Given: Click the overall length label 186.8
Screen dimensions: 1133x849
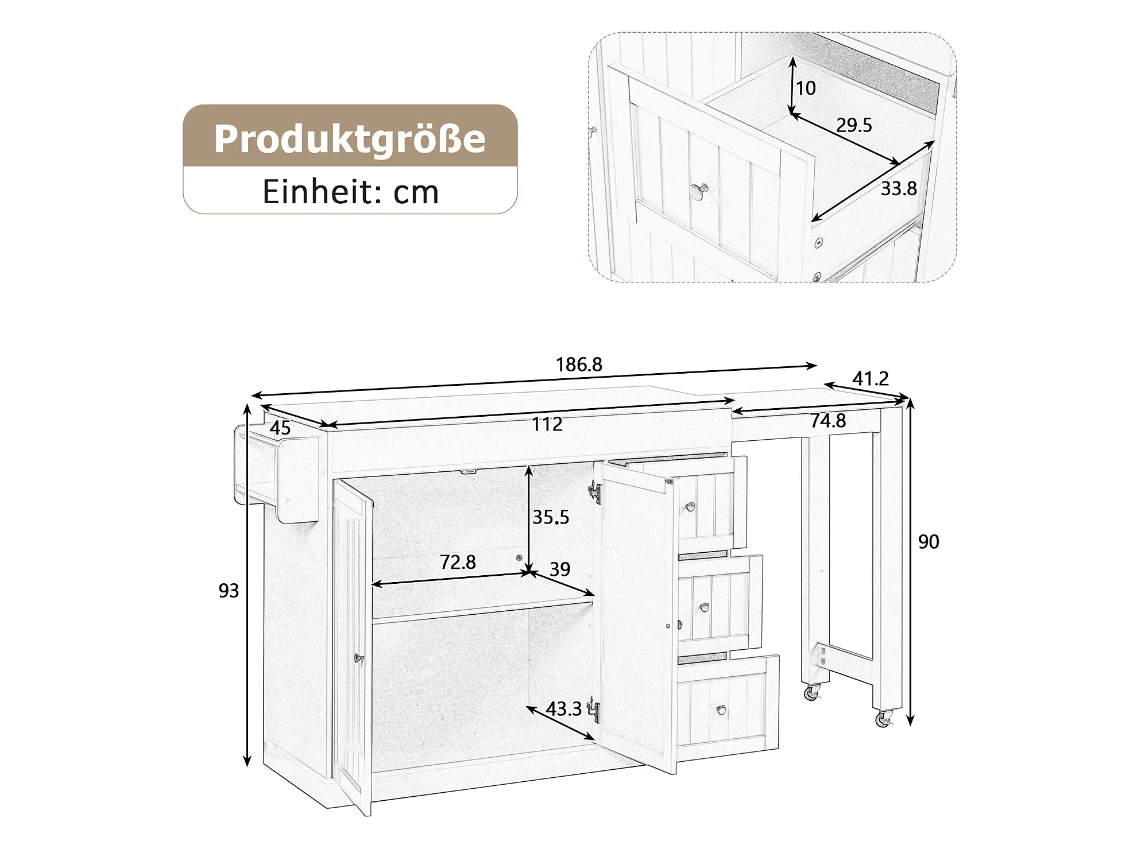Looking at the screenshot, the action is (579, 365).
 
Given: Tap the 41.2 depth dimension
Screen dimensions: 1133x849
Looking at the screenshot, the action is (871, 378).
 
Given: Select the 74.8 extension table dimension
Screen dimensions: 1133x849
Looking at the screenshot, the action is (828, 421).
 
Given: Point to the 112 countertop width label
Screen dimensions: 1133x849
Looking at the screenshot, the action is (547, 424).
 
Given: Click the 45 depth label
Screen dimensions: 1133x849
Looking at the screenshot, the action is (280, 428).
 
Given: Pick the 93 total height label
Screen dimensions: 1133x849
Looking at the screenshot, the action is (229, 591).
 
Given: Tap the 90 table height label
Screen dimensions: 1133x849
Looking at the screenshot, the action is (929, 541).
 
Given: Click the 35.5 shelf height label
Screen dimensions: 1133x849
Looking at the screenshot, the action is (551, 517).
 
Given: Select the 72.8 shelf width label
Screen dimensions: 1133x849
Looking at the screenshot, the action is (458, 562).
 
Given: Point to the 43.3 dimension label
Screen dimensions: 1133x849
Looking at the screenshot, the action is (563, 709).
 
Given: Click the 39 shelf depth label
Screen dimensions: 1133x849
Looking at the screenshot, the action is (560, 569).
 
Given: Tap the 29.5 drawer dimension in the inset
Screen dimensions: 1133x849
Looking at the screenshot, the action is (854, 125).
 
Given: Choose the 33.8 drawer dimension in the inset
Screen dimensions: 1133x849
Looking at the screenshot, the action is (899, 188).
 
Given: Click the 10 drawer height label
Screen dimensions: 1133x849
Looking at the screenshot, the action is (806, 88).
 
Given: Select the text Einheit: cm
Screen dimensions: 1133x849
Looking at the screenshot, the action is (351, 192).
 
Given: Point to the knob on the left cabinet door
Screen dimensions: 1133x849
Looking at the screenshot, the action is (359, 658).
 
